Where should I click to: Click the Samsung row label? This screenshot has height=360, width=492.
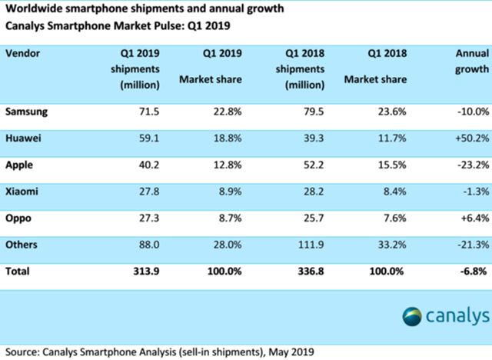click(28, 111)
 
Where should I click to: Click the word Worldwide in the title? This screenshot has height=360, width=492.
click(32, 9)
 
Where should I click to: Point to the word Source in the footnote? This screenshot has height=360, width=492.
click(21, 352)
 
